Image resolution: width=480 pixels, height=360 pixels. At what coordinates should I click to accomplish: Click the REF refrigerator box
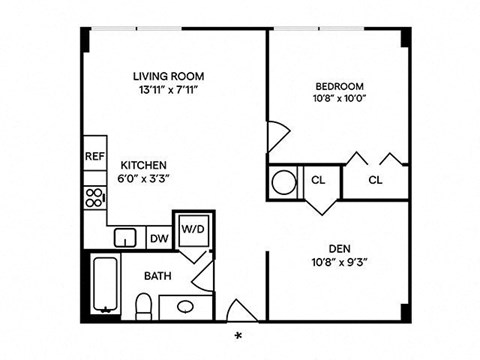tap(95, 157)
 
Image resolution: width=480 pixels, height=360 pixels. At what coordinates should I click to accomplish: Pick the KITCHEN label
tap(144, 165)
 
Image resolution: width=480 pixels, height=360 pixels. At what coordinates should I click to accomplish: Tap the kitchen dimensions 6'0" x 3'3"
tap(144, 181)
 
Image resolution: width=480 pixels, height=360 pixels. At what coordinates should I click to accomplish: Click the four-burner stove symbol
tap(95, 197)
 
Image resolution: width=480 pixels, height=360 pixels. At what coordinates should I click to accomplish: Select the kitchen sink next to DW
tap(125, 238)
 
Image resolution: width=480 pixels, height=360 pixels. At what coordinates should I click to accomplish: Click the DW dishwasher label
tap(158, 238)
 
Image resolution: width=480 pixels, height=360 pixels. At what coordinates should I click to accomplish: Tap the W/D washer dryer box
tap(192, 229)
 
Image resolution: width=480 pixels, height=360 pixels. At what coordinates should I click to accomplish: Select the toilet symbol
tap(142, 304)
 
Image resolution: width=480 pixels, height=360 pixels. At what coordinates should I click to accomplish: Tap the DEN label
tap(338, 250)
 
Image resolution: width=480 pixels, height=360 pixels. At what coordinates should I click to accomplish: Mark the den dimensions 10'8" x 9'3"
tap(338, 266)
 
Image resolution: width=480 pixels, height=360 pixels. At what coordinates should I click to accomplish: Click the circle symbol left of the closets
tap(284, 183)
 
